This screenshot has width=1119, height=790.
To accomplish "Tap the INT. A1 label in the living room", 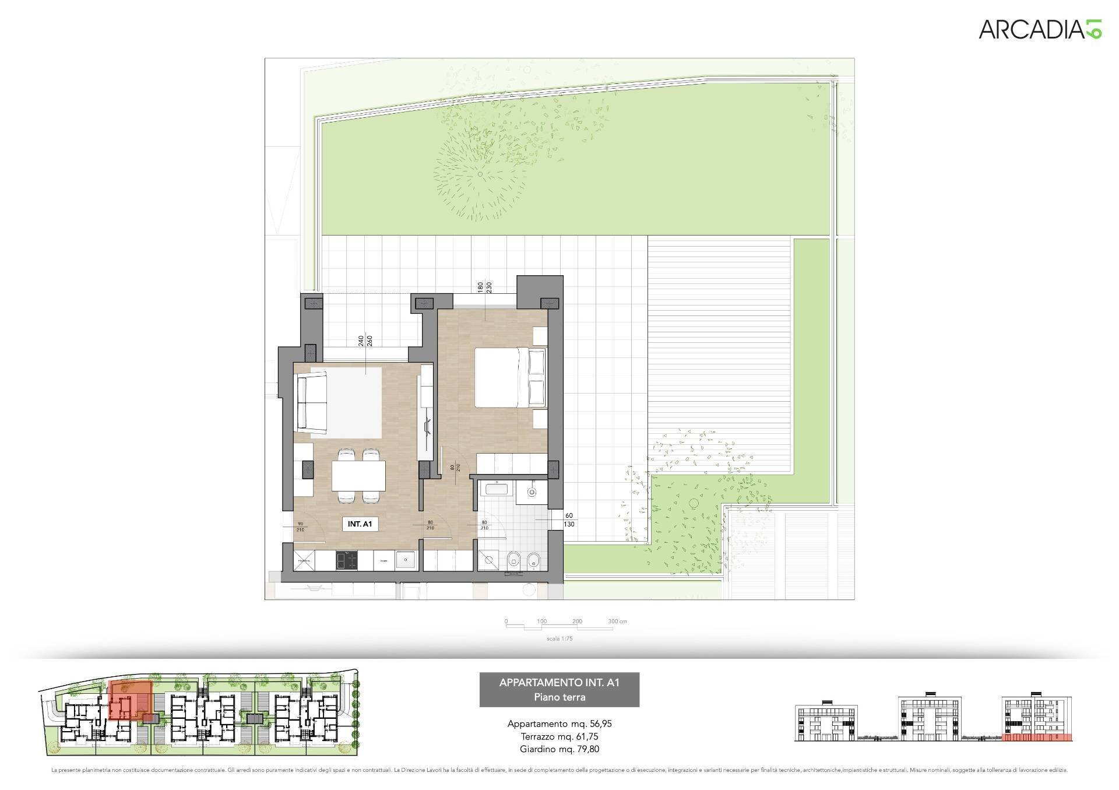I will pyautogui.click(x=360, y=524).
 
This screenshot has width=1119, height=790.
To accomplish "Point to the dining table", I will pyautogui.click(x=358, y=476).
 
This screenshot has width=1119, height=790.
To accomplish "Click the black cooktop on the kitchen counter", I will pyautogui.click(x=346, y=561).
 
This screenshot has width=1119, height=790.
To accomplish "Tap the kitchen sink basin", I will pyautogui.click(x=406, y=560).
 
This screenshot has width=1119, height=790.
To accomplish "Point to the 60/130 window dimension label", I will pyautogui.click(x=569, y=520).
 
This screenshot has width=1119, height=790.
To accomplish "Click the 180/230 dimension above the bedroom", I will pyautogui.click(x=484, y=287).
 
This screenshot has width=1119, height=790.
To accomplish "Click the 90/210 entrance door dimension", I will pyautogui.click(x=300, y=526).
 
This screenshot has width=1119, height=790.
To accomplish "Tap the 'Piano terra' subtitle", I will pyautogui.click(x=559, y=697).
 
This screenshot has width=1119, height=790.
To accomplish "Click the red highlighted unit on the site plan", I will pyautogui.click(x=131, y=701).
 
